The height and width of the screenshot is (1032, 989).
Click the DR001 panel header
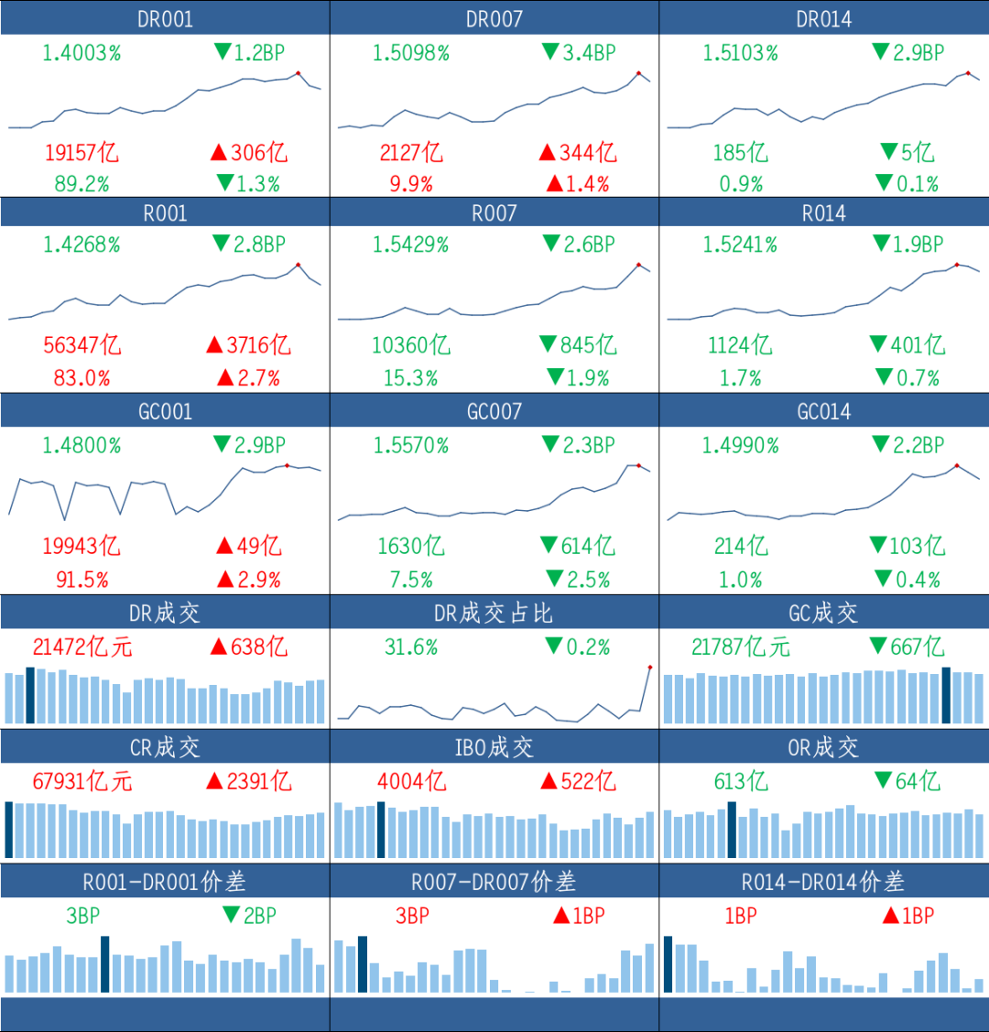click(x=165, y=19)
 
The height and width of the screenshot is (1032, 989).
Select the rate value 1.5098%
click(x=411, y=53)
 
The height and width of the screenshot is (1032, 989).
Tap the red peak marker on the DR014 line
click(x=968, y=73)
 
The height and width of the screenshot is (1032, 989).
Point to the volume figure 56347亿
click(x=82, y=345)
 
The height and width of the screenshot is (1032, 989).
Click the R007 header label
click(x=494, y=213)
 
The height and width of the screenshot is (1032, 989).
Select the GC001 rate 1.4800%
click(x=82, y=446)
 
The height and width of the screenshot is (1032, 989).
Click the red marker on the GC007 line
click(x=638, y=465)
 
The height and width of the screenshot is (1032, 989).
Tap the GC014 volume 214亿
click(x=741, y=546)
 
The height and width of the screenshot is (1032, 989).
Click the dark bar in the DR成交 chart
click(x=29, y=696)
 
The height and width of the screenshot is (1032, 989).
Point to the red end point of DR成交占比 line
click(x=650, y=668)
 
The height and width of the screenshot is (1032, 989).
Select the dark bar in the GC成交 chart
click(x=946, y=696)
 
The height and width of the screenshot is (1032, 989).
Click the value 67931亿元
click(x=82, y=781)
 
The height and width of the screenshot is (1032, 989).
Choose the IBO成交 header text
click(x=494, y=747)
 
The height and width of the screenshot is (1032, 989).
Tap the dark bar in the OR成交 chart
click(x=732, y=830)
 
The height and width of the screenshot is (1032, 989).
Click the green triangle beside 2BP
click(x=231, y=914)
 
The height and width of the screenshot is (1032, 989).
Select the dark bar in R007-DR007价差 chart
click(x=363, y=964)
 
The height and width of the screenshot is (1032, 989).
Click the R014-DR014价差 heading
click(x=823, y=882)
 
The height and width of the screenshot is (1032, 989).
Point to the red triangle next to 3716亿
click(x=214, y=344)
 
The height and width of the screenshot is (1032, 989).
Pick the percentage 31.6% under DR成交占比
click(x=411, y=647)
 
